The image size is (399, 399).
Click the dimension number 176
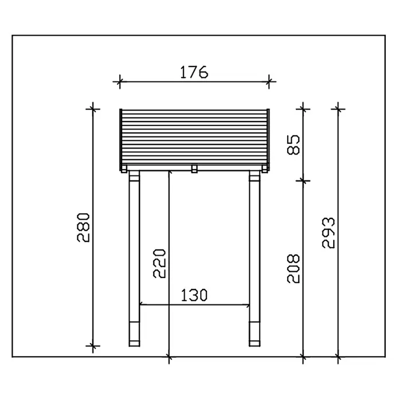point(194,72)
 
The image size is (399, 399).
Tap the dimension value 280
point(84,228)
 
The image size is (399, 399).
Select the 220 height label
point(159,263)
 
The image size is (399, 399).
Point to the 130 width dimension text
point(194,295)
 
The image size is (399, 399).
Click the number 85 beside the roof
point(294,145)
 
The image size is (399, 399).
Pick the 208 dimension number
point(294,268)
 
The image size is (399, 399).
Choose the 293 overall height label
point(328,233)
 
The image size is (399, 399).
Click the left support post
point(134,259)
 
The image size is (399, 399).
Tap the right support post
point(255,259)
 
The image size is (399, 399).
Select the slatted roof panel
point(194,140)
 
